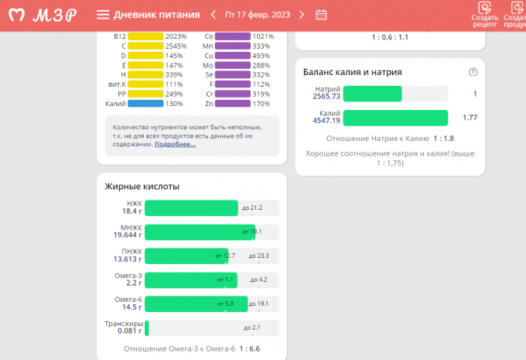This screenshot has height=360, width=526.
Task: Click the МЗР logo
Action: click(x=43, y=15)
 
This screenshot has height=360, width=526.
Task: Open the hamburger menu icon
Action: click(x=103, y=15)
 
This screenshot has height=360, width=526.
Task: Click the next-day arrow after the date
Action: click(x=302, y=15)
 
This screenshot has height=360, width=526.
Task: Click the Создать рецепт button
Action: click(x=484, y=15)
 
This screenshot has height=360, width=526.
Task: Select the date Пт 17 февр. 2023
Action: click(x=257, y=15)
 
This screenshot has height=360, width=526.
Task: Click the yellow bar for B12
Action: click(x=145, y=36)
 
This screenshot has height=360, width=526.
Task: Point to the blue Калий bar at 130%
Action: click(x=145, y=103)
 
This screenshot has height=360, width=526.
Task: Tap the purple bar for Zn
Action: click(x=232, y=103)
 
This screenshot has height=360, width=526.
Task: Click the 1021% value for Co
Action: click(x=263, y=36)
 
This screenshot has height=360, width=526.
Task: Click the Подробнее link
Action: click(x=176, y=144)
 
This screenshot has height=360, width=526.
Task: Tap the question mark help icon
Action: click(x=473, y=72)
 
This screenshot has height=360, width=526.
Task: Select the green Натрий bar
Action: click(x=372, y=94)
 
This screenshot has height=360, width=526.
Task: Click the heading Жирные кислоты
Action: click(x=142, y=187)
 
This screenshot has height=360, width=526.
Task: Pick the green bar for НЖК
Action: click(x=191, y=207)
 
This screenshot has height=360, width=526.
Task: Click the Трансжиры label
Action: click(x=123, y=323)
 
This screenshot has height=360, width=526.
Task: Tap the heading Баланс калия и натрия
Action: click(x=352, y=72)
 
